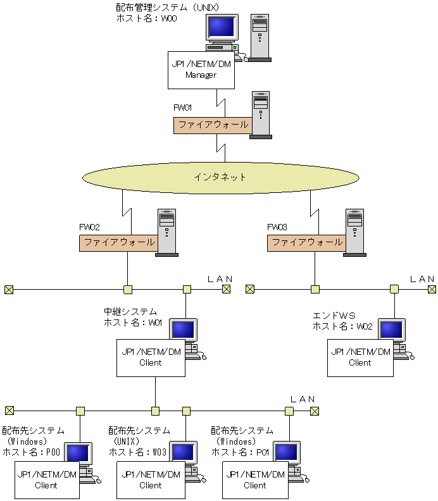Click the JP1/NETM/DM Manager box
[x=201, y=70]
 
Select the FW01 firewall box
[x=213, y=125]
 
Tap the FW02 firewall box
[x=118, y=243]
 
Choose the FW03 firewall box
[x=306, y=243]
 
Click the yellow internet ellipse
[x=220, y=177]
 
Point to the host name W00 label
[x=147, y=18]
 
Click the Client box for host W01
[x=150, y=358]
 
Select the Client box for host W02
[x=360, y=358]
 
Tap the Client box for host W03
[x=150, y=480]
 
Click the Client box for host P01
[x=255, y=480]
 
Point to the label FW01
[x=183, y=108]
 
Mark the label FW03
[x=277, y=226]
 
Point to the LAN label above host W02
[x=422, y=278]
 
